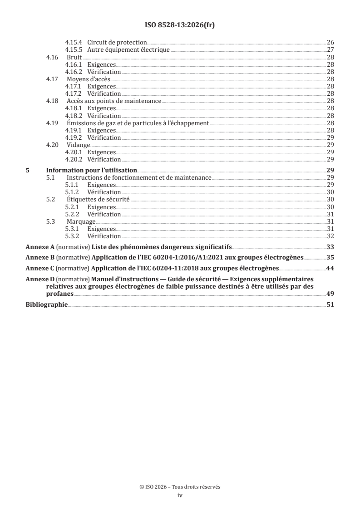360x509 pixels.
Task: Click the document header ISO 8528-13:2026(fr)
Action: (x=180, y=25)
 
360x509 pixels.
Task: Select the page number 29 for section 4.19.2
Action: (x=330, y=137)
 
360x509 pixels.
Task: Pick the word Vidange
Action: (x=78, y=145)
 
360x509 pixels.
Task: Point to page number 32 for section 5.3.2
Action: (x=330, y=236)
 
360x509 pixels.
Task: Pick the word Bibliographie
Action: (x=46, y=305)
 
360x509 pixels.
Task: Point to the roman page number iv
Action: (x=180, y=495)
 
